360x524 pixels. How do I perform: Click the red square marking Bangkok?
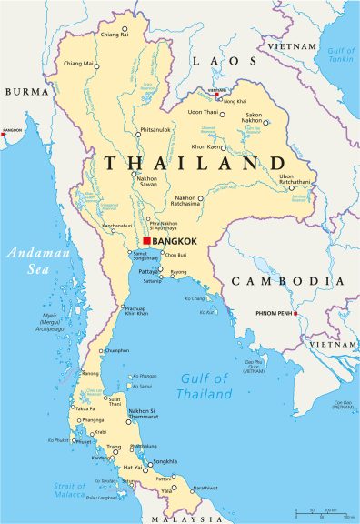coord(146,241)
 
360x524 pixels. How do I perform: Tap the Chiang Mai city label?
coord(79,64)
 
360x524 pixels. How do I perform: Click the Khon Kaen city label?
coord(208,146)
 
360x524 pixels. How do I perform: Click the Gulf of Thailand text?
coord(205,386)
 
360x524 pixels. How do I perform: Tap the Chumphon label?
coord(116,349)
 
